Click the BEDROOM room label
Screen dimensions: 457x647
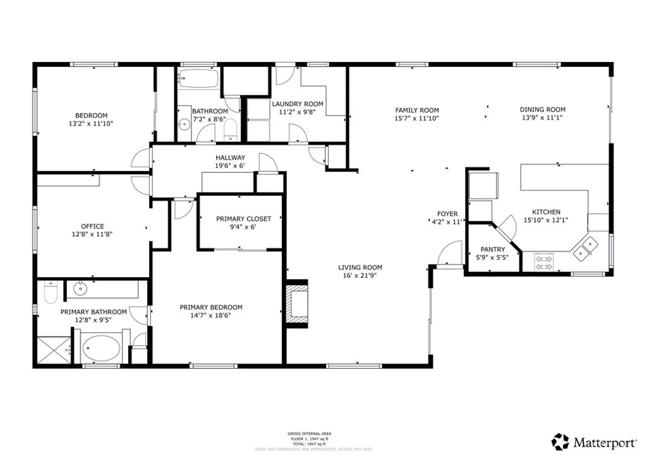91,116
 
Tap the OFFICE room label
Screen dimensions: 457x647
92,226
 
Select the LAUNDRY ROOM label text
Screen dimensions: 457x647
297,104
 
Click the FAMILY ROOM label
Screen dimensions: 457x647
417,110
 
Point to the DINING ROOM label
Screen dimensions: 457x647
542,109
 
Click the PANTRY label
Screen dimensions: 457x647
493,249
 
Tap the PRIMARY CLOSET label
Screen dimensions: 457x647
243,219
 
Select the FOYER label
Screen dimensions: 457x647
447,214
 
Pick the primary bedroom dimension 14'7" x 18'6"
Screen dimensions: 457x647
211,316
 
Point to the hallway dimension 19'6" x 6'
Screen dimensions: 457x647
230,166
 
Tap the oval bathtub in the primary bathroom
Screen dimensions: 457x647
103,348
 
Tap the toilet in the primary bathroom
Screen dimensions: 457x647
51,293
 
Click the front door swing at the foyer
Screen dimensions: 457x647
450,254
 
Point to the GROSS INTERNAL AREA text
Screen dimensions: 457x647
309,434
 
